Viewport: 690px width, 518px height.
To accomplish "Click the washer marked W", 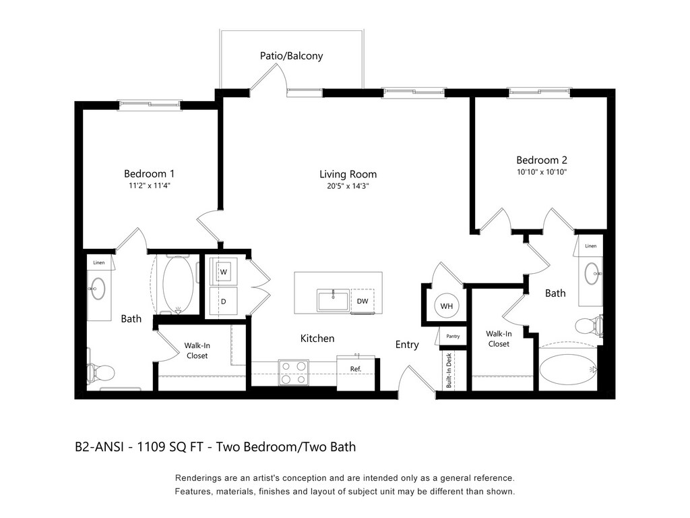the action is pyautogui.click(x=223, y=271).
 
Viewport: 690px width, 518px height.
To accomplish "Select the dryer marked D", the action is pyautogui.click(x=223, y=301).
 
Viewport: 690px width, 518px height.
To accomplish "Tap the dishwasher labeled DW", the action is pyautogui.click(x=362, y=301).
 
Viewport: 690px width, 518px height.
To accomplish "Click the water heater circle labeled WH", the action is pyautogui.click(x=446, y=306).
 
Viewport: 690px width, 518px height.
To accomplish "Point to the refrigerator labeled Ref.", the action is pyautogui.click(x=356, y=372).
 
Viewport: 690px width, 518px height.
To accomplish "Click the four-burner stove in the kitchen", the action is pyautogui.click(x=294, y=372).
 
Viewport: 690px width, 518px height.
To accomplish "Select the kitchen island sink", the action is pyautogui.click(x=333, y=300).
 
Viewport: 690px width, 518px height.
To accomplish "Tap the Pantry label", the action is pyautogui.click(x=453, y=336).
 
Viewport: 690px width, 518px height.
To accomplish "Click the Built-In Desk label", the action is pyautogui.click(x=449, y=370).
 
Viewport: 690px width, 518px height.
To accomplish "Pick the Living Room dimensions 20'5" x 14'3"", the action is pyautogui.click(x=348, y=186).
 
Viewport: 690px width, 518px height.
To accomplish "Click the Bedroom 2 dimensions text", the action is pyautogui.click(x=542, y=172).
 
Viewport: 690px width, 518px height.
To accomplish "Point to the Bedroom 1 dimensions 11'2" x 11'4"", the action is pyautogui.click(x=149, y=185).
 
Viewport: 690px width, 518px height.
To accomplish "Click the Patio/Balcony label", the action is pyautogui.click(x=291, y=56).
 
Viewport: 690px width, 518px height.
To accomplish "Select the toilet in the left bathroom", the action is pyautogui.click(x=100, y=372).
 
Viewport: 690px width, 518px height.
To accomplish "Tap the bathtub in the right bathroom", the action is pyautogui.click(x=567, y=369).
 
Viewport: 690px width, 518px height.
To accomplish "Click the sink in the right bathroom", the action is pyautogui.click(x=592, y=274).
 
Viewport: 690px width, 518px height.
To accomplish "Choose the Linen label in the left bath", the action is pyautogui.click(x=99, y=262).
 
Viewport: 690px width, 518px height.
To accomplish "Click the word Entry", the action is pyautogui.click(x=407, y=345).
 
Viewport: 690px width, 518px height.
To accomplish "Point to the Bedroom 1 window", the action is pyautogui.click(x=150, y=105).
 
